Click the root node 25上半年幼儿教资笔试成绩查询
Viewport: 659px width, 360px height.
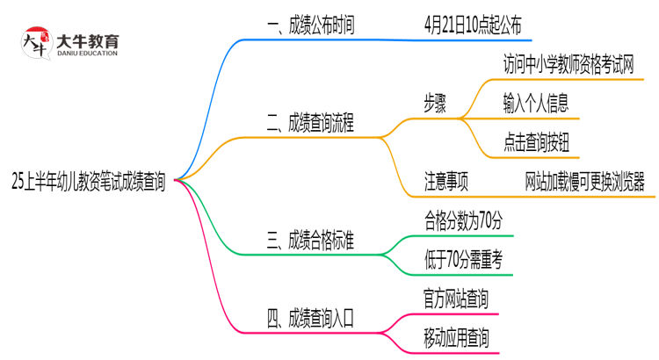pos(88,182)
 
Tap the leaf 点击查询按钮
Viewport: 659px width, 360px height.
pos(535,140)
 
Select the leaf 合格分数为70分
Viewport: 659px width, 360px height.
pos(463,220)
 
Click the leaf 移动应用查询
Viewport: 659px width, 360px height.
pos(456,337)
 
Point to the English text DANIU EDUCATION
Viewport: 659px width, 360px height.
pos(87,54)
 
